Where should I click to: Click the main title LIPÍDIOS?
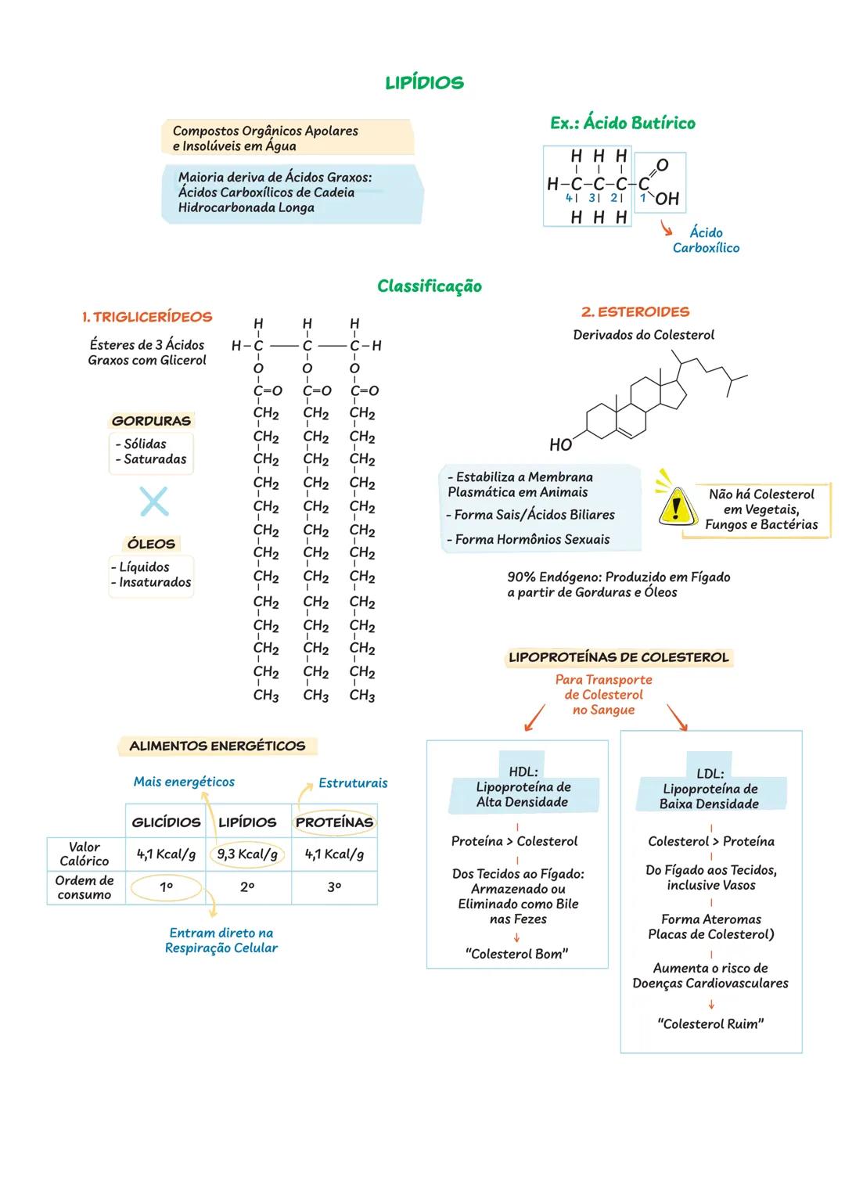424,83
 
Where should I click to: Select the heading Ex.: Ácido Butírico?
622,123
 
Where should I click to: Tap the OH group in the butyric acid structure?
667,199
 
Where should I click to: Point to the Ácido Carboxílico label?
706,240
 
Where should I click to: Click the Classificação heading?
429,286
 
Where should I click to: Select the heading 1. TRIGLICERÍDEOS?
147,317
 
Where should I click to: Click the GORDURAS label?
151,421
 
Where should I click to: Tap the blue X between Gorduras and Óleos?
154,502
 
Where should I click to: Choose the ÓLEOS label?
151,544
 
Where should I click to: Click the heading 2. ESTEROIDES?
635,311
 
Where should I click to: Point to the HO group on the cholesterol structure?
560,444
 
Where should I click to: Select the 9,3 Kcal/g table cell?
247,854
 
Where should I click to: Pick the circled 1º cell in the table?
166,888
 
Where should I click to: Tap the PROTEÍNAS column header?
334,822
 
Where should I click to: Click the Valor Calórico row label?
84,854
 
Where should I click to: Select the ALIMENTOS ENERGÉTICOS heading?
217,746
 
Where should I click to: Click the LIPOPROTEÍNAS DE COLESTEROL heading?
618,657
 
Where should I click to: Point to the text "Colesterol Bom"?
516,954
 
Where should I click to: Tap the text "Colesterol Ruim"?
710,1023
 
